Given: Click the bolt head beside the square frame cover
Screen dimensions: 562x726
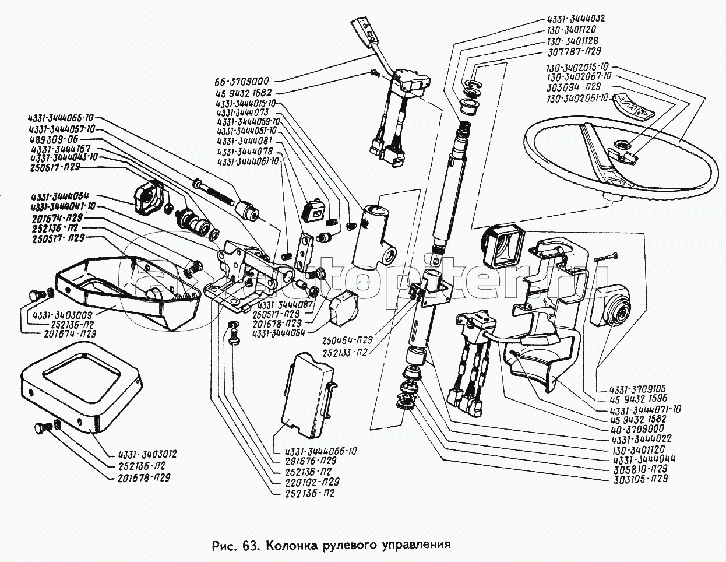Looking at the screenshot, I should [40, 430].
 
